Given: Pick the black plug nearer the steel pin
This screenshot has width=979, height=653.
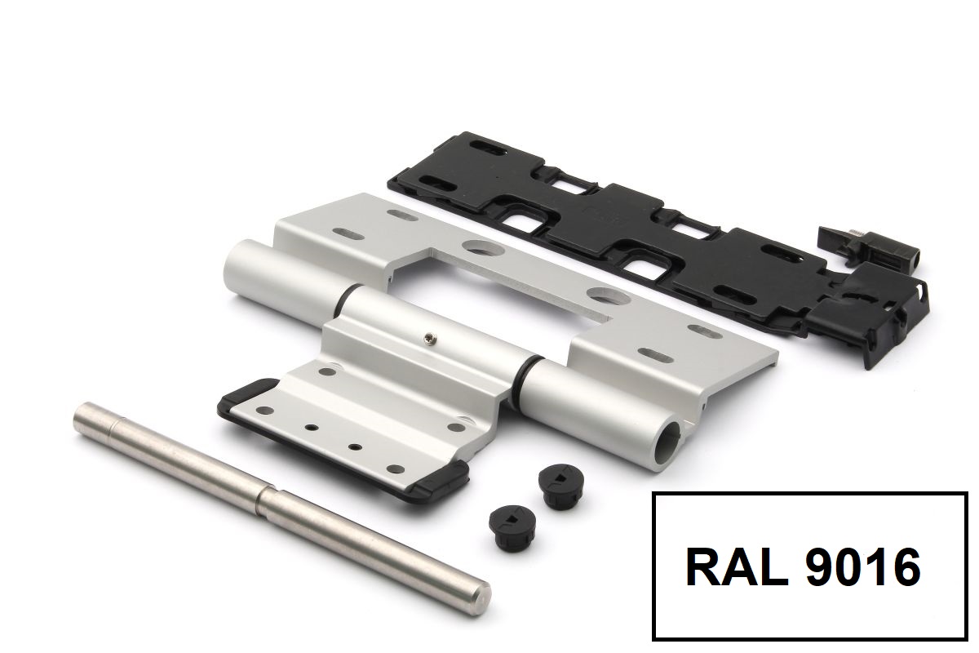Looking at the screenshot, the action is click(x=509, y=522).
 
